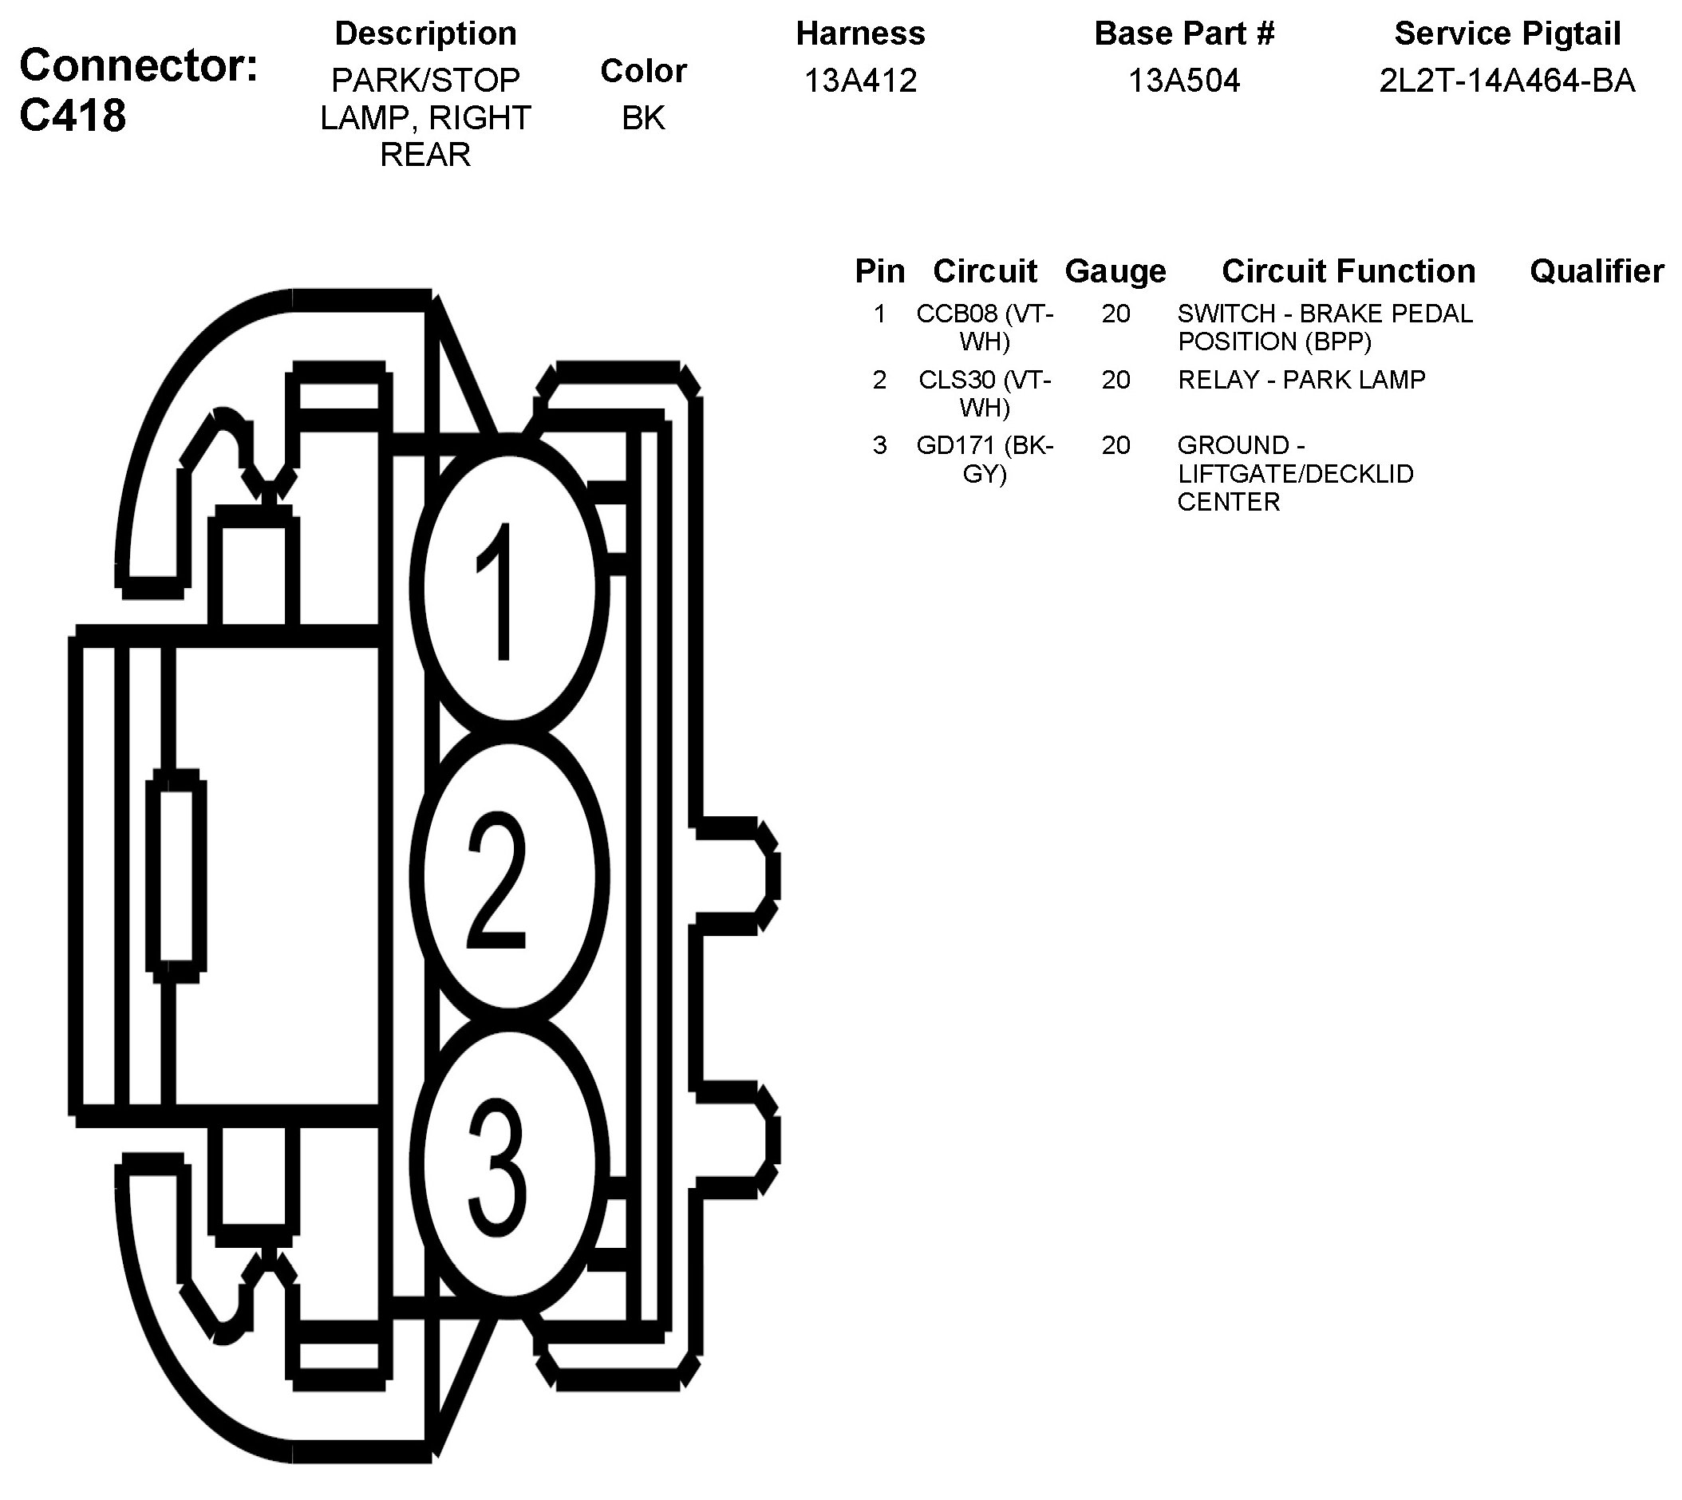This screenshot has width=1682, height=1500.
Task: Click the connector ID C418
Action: (x=73, y=116)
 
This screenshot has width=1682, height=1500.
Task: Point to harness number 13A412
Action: (x=859, y=81)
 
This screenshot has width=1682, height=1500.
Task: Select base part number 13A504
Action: (x=1183, y=81)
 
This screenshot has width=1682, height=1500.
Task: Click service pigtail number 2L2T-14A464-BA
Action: (x=1506, y=81)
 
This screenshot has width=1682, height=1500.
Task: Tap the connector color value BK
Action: (x=643, y=118)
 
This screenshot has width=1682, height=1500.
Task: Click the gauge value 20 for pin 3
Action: (x=1115, y=446)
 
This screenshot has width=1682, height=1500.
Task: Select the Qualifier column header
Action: (x=1597, y=271)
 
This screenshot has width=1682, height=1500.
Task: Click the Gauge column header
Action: (x=1115, y=271)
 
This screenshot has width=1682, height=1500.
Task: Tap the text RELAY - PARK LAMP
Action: (x=1301, y=380)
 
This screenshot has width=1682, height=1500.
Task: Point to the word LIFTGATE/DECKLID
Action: (x=1296, y=474)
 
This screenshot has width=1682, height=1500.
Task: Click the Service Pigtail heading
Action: (x=1506, y=34)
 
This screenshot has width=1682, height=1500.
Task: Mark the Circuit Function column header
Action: (x=1348, y=271)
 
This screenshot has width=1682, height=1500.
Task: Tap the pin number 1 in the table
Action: (x=879, y=314)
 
